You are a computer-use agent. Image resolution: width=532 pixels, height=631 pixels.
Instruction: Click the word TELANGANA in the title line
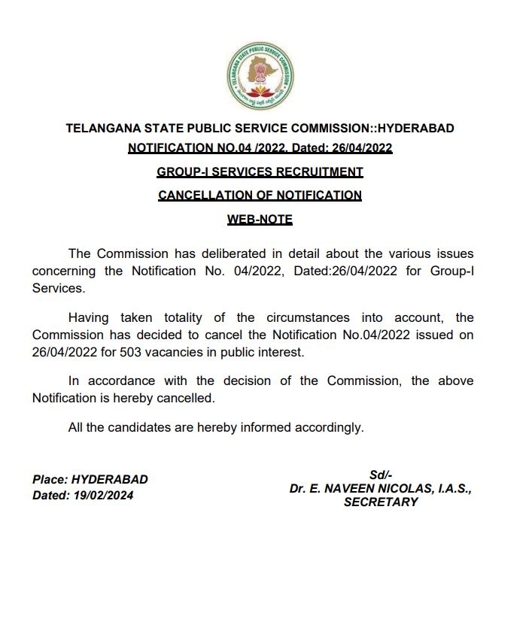(x=102, y=129)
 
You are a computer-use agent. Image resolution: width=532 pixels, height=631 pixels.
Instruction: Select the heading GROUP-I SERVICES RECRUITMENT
(x=260, y=171)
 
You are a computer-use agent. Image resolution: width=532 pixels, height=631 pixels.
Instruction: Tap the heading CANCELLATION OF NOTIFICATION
(x=260, y=195)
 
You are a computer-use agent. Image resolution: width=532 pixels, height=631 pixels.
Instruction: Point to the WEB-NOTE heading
(x=260, y=220)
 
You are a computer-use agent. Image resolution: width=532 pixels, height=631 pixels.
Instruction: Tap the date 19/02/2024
(x=102, y=496)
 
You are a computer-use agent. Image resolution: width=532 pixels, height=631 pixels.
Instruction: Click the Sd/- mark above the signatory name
(x=381, y=475)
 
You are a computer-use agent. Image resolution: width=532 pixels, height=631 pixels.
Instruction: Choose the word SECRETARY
(x=381, y=502)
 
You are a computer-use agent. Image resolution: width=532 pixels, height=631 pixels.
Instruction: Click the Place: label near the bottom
(x=50, y=479)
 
